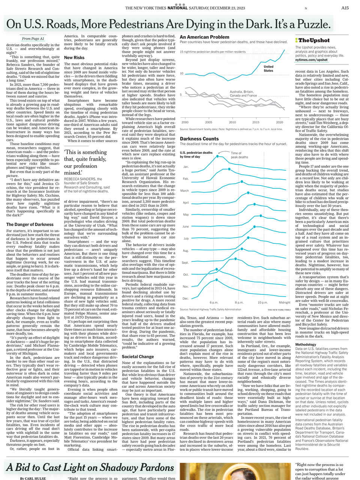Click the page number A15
click(345, 8)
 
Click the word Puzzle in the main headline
click(311, 24)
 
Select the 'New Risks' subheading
click(74, 58)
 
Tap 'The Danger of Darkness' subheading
click(30, 225)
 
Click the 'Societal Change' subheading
click(138, 357)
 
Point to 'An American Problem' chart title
click(204, 37)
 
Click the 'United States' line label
click(268, 69)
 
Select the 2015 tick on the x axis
click(256, 122)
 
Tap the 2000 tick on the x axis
click(185, 122)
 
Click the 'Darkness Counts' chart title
click(199, 139)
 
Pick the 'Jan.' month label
click(186, 167)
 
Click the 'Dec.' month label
click(186, 298)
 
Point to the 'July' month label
click(186, 238)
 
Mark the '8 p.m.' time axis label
click(239, 302)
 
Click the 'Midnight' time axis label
click(284, 302)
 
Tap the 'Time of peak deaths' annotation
click(239, 155)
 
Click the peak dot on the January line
click(218, 156)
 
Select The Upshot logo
click(313, 40)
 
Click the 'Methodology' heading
click(306, 344)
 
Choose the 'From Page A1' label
click(33, 39)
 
